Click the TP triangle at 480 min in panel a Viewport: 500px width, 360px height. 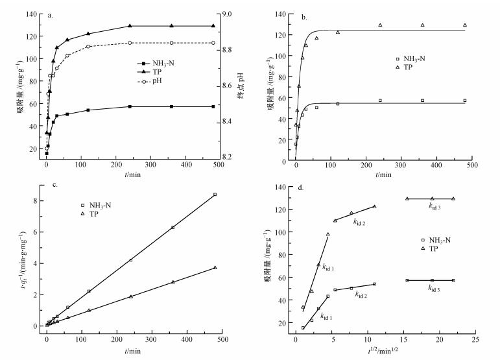point(213,26)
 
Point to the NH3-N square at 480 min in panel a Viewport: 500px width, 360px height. point(213,106)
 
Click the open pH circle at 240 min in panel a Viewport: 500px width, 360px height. point(130,43)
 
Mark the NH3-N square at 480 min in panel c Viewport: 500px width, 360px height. point(215,195)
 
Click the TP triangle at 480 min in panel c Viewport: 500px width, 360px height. point(215,267)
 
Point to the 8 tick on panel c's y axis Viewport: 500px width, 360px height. point(35,200)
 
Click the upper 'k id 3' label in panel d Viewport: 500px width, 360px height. point(435,207)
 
